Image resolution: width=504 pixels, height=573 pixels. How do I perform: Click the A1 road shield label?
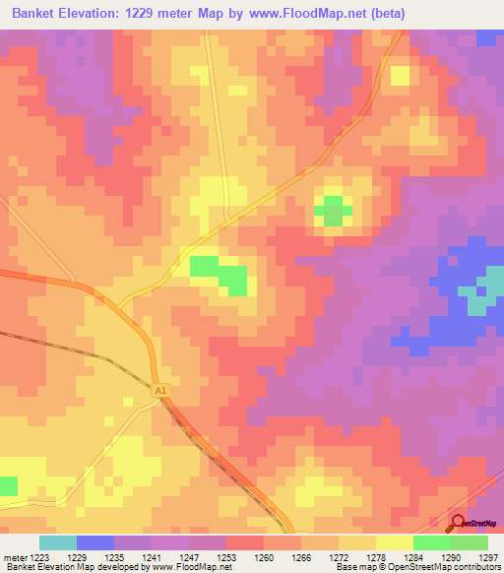tap(160, 392)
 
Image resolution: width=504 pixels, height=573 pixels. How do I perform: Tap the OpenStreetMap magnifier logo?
tap(458, 522)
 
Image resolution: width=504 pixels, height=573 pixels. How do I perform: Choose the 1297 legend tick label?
tap(487, 557)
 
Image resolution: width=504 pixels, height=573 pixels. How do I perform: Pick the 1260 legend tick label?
tap(264, 557)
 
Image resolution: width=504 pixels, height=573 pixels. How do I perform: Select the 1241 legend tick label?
tap(153, 557)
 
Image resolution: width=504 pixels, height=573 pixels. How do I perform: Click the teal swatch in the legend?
tap(58, 542)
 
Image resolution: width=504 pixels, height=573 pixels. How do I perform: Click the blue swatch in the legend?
tap(95, 542)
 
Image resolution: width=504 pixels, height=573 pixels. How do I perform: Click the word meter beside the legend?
tap(14, 557)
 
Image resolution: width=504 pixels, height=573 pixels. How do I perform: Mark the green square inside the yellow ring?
tap(334, 210)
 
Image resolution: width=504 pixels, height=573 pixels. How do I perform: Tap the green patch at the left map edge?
tap(8, 485)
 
